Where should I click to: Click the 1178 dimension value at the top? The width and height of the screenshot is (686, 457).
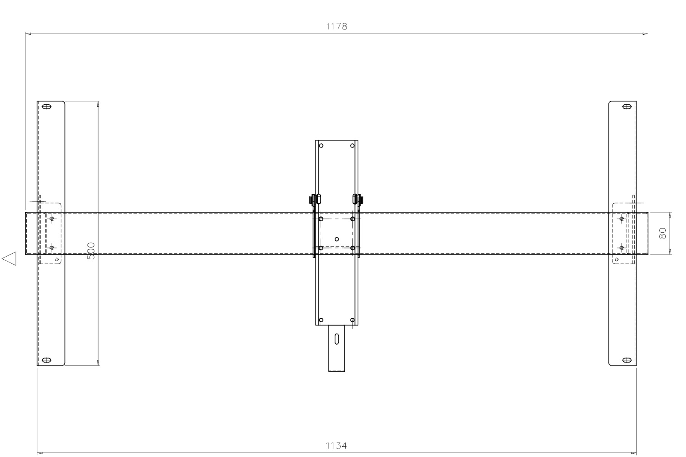[x=337, y=26]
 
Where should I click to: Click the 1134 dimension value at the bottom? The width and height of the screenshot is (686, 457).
[x=336, y=445]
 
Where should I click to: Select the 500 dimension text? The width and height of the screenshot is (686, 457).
[x=91, y=251]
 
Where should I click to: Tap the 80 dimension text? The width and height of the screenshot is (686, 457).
[x=663, y=233]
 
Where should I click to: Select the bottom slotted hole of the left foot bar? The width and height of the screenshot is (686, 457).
[x=46, y=360]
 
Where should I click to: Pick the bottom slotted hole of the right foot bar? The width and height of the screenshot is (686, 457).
[x=627, y=360]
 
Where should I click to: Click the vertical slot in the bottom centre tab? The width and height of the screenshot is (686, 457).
[x=337, y=339]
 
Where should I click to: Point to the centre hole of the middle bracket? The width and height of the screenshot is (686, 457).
[x=337, y=239]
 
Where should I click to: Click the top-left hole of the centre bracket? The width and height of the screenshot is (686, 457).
[x=321, y=145]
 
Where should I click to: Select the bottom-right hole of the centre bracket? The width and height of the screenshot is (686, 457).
[x=353, y=320]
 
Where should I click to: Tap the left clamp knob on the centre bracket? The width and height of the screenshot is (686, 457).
[x=312, y=199]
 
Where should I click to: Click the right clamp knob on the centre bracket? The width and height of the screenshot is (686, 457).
[x=361, y=199]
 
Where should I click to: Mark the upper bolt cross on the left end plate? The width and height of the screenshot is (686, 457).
[x=52, y=219]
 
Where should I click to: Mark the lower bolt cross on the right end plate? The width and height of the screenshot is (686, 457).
[x=622, y=248]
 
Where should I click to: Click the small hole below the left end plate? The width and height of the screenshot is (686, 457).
[x=57, y=259]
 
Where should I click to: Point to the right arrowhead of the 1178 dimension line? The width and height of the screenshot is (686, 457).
[x=646, y=34]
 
